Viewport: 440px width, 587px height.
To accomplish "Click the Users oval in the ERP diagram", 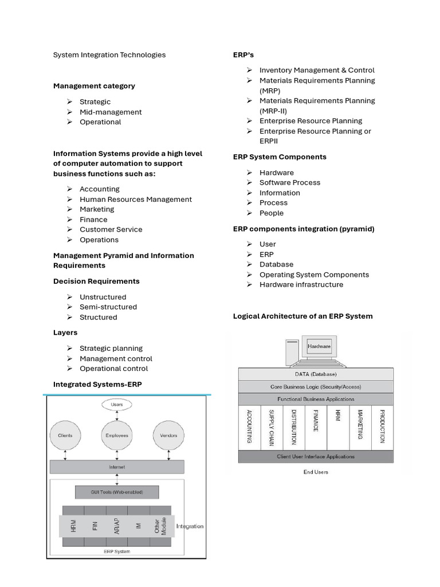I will pyautogui.click(x=117, y=405).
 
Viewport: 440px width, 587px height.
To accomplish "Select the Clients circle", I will pyautogui.click(x=65, y=436).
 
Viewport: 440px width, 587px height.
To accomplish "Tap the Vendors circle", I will pyautogui.click(x=168, y=436).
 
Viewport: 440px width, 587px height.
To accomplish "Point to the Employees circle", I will pyautogui.click(x=117, y=436).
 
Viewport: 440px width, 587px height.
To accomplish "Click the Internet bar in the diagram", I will pyautogui.click(x=117, y=467).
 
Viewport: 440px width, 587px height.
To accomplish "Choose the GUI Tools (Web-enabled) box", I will pyautogui.click(x=117, y=492).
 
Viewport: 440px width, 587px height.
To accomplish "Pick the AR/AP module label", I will pyautogui.click(x=117, y=524).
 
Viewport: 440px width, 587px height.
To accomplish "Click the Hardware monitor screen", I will pyautogui.click(x=319, y=347).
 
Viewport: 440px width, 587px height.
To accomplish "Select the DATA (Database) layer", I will pyautogui.click(x=316, y=374).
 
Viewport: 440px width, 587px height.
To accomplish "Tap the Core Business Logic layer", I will pyautogui.click(x=316, y=386).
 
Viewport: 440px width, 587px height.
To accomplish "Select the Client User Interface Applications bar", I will pyautogui.click(x=316, y=457).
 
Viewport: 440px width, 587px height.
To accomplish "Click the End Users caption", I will pyautogui.click(x=316, y=472).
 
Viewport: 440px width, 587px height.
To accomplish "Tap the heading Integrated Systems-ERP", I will pyautogui.click(x=97, y=384).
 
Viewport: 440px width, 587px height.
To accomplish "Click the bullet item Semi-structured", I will pyautogui.click(x=108, y=307).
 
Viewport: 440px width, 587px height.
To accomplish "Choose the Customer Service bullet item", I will pyautogui.click(x=111, y=229).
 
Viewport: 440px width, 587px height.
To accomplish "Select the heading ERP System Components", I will pyautogui.click(x=280, y=156).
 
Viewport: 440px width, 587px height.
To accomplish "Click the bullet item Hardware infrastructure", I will pyautogui.click(x=301, y=284).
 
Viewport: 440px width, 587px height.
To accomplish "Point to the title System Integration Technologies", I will pyautogui.click(x=109, y=55).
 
